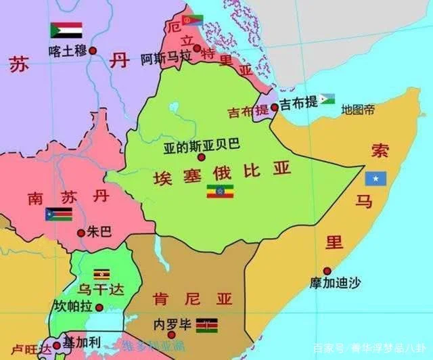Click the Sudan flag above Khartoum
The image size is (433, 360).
coord(66,30)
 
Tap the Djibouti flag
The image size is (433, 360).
coord(327,99)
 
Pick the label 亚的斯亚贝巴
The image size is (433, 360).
coord(202,144)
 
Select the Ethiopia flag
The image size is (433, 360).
coord(220,191)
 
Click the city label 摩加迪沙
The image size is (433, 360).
coord(336,283)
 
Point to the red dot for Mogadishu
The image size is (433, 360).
coord(327,270)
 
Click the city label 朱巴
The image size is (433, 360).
coord(99,232)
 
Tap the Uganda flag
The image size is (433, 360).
coord(101,274)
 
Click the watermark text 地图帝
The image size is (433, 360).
coord(358,110)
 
